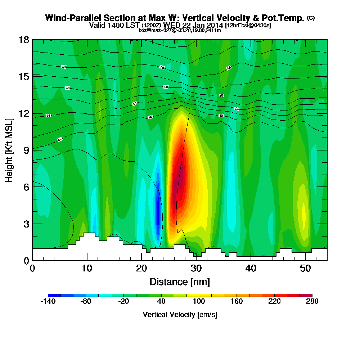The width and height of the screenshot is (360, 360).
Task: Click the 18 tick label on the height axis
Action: (x=24, y=40)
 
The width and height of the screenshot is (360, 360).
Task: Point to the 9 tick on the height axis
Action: (x=32, y=150)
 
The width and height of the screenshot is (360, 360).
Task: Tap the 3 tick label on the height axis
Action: (x=26, y=224)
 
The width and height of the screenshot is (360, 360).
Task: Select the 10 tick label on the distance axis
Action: (x=87, y=269)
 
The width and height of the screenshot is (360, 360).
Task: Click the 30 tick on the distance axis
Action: (x=196, y=260)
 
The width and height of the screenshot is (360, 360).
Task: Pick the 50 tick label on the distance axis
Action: (x=305, y=269)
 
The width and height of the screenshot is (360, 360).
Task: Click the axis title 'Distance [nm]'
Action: (x=180, y=282)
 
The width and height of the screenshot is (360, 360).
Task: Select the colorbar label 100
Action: (x=199, y=302)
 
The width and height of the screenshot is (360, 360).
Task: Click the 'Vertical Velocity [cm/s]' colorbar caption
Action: (x=180, y=315)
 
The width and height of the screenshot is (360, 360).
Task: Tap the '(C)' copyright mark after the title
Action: (x=311, y=18)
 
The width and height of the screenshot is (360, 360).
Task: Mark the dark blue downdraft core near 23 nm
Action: (x=158, y=212)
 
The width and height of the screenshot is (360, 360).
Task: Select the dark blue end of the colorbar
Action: (x=54, y=295)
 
